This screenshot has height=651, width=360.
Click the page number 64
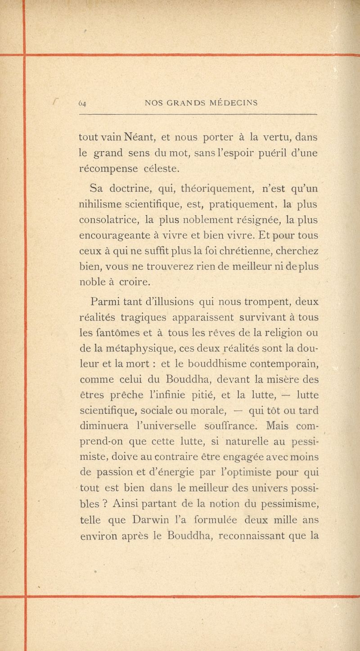point(82,102)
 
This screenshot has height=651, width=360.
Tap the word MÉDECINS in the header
point(234,102)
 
